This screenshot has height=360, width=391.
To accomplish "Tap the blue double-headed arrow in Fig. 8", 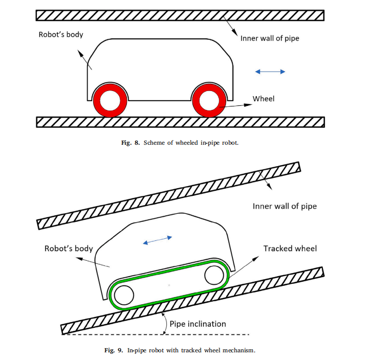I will point(270,72).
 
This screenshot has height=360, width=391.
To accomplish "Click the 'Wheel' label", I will point(264,99).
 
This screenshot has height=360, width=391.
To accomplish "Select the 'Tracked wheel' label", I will point(290,249).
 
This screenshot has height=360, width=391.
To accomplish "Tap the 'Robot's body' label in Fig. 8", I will point(61,35).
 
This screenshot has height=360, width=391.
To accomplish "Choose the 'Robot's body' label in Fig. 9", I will point(69,249).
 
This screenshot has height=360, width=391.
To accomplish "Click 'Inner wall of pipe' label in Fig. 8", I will point(270,38).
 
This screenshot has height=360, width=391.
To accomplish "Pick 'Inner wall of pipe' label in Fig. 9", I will point(285,207).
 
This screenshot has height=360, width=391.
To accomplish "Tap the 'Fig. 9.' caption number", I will point(117,350).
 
